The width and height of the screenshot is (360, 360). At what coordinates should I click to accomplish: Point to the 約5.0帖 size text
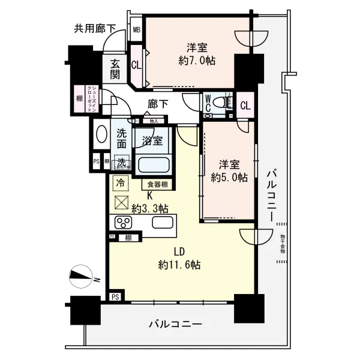[x=228, y=177]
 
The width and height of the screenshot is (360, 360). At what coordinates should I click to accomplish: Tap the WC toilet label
[x=208, y=103]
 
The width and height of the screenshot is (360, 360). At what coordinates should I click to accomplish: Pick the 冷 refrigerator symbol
[x=121, y=182]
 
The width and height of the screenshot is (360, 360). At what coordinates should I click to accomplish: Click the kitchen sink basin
[x=163, y=223]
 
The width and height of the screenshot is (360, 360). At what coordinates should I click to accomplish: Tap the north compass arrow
[x=79, y=276]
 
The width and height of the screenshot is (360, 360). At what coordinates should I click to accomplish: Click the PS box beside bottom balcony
[x=115, y=296]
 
